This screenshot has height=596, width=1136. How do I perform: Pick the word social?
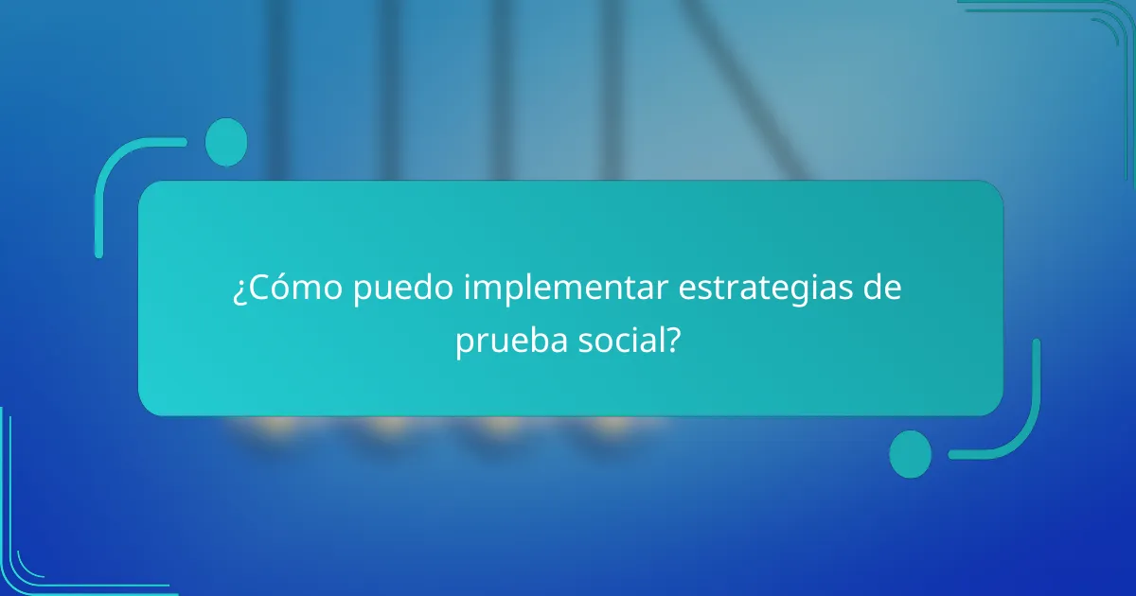click(618, 342)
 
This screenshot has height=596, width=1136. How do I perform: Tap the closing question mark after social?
click(672, 342)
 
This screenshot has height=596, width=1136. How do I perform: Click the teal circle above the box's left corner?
click(225, 142)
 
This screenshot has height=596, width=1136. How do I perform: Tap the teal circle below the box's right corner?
click(910, 453)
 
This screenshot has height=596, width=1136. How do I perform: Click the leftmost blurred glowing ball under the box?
click(261, 425)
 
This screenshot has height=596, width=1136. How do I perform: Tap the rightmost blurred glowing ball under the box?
click(607, 425)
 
